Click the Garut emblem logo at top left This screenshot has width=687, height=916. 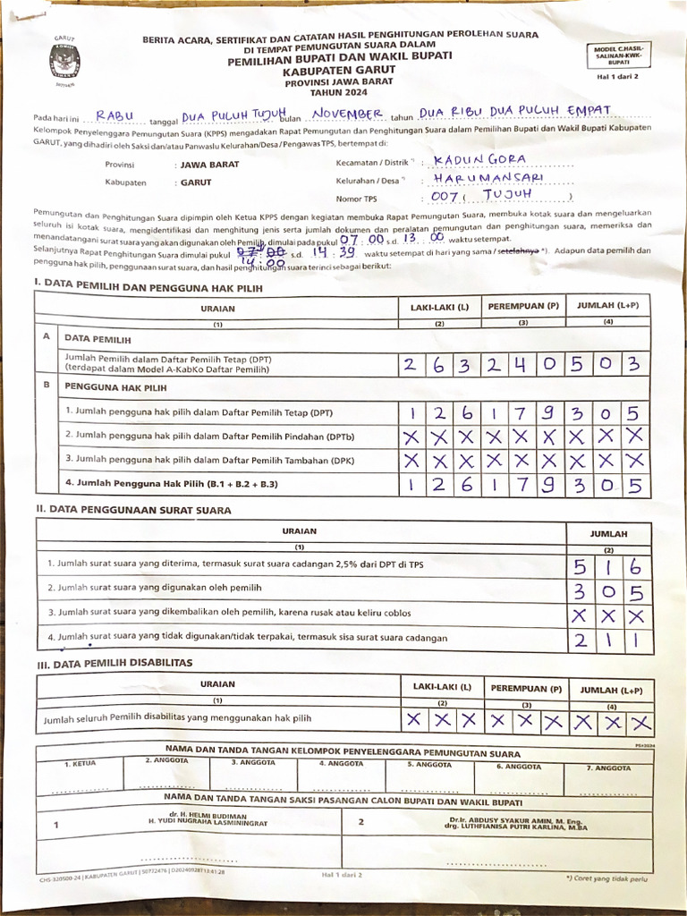[x=64, y=62]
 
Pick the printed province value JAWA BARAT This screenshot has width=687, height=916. [x=210, y=165]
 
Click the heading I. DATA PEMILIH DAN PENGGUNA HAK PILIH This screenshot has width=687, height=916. [x=148, y=285]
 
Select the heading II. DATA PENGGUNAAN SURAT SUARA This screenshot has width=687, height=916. [x=133, y=510]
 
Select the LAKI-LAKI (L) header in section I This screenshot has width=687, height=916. [x=440, y=307]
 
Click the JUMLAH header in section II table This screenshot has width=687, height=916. [x=608, y=534]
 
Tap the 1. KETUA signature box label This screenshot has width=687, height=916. [x=80, y=763]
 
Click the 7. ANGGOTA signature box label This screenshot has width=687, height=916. [x=608, y=768]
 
